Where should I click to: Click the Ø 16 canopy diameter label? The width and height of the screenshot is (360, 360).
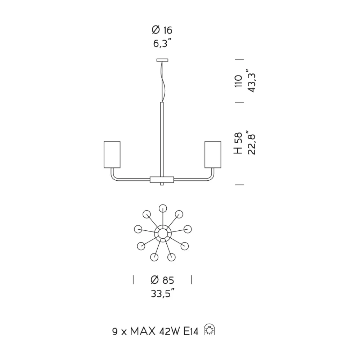click(x=162, y=30)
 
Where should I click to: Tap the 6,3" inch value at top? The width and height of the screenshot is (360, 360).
click(x=163, y=43)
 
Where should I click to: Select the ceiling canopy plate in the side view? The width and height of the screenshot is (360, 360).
click(x=162, y=60)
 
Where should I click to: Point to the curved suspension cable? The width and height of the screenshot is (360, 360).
click(x=163, y=82)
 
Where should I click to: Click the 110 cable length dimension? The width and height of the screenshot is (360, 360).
click(x=239, y=81)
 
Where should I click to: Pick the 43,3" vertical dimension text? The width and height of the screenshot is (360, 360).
click(x=251, y=80)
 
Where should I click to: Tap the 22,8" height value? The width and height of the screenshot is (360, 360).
click(x=251, y=143)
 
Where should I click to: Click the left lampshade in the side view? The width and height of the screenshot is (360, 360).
click(x=112, y=154)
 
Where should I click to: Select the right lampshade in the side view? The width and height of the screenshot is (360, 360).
click(x=213, y=154)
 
